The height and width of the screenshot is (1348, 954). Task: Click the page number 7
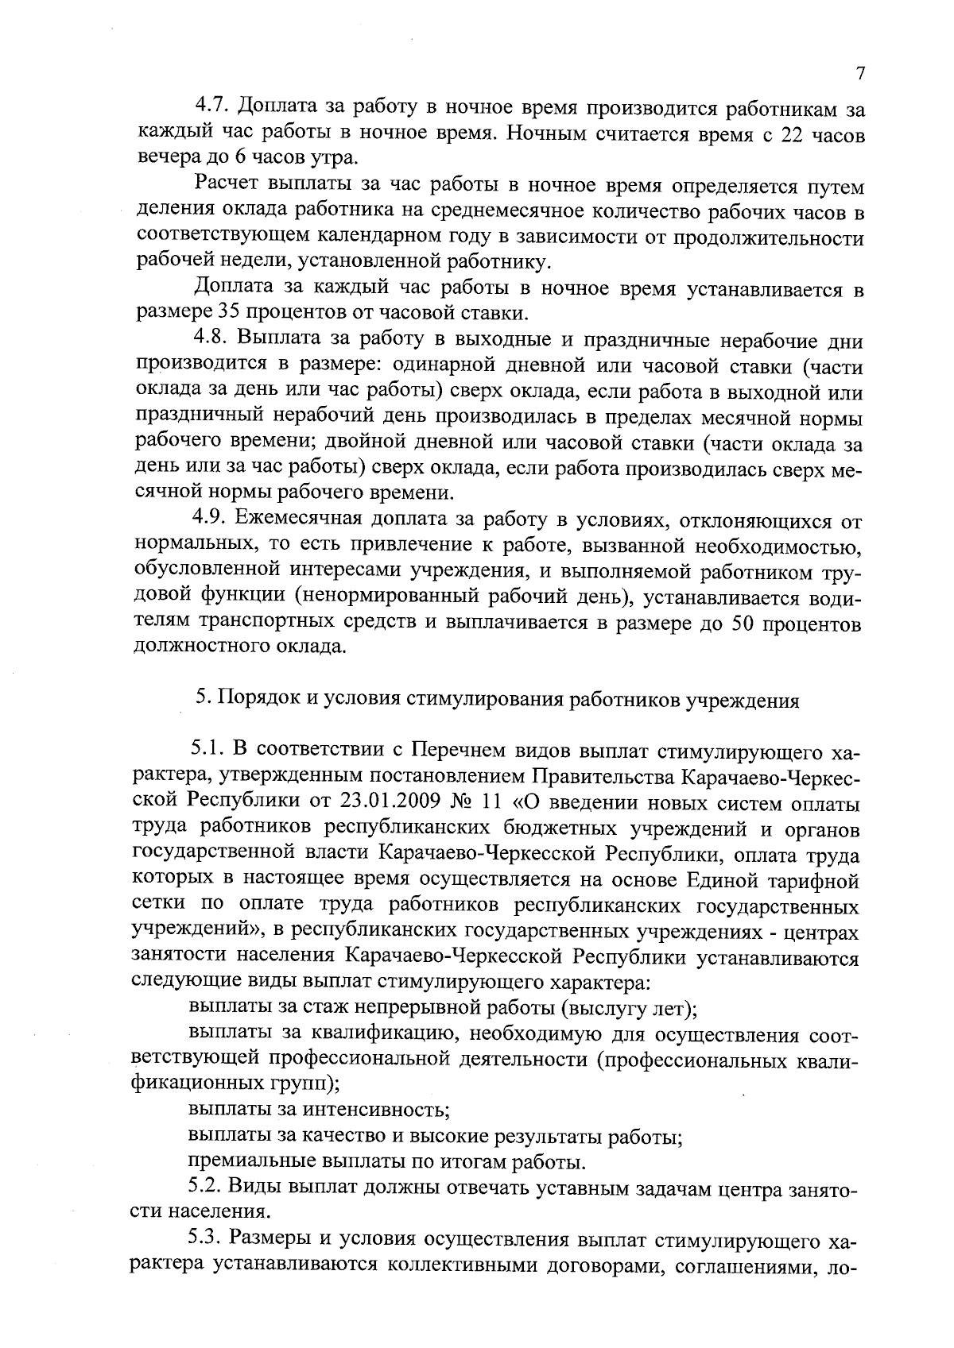[860, 74]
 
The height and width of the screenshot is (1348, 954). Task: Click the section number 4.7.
[210, 106]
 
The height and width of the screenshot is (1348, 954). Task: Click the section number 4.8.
[210, 341]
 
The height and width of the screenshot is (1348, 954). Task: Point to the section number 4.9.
[210, 520]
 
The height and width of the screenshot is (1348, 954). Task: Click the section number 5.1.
[206, 751]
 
